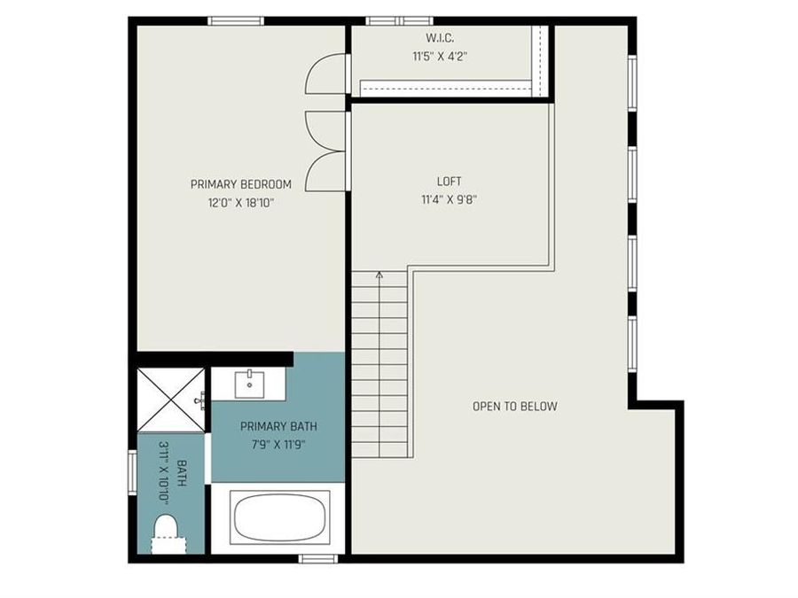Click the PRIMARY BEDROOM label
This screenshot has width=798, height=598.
point(240,184)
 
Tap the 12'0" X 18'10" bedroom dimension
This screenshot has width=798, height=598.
point(240,202)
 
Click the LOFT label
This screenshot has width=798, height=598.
point(450,182)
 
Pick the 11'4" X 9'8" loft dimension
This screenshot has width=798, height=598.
point(450,199)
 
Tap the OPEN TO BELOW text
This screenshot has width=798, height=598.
point(514,407)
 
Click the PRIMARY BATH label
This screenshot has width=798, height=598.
point(278,426)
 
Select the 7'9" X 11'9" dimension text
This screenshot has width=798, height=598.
point(278,444)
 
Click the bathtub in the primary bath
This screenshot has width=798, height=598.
point(280,517)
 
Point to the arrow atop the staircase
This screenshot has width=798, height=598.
point(379,276)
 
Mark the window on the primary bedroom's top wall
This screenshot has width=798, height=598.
point(236,20)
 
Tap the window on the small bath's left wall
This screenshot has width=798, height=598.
point(132,476)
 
